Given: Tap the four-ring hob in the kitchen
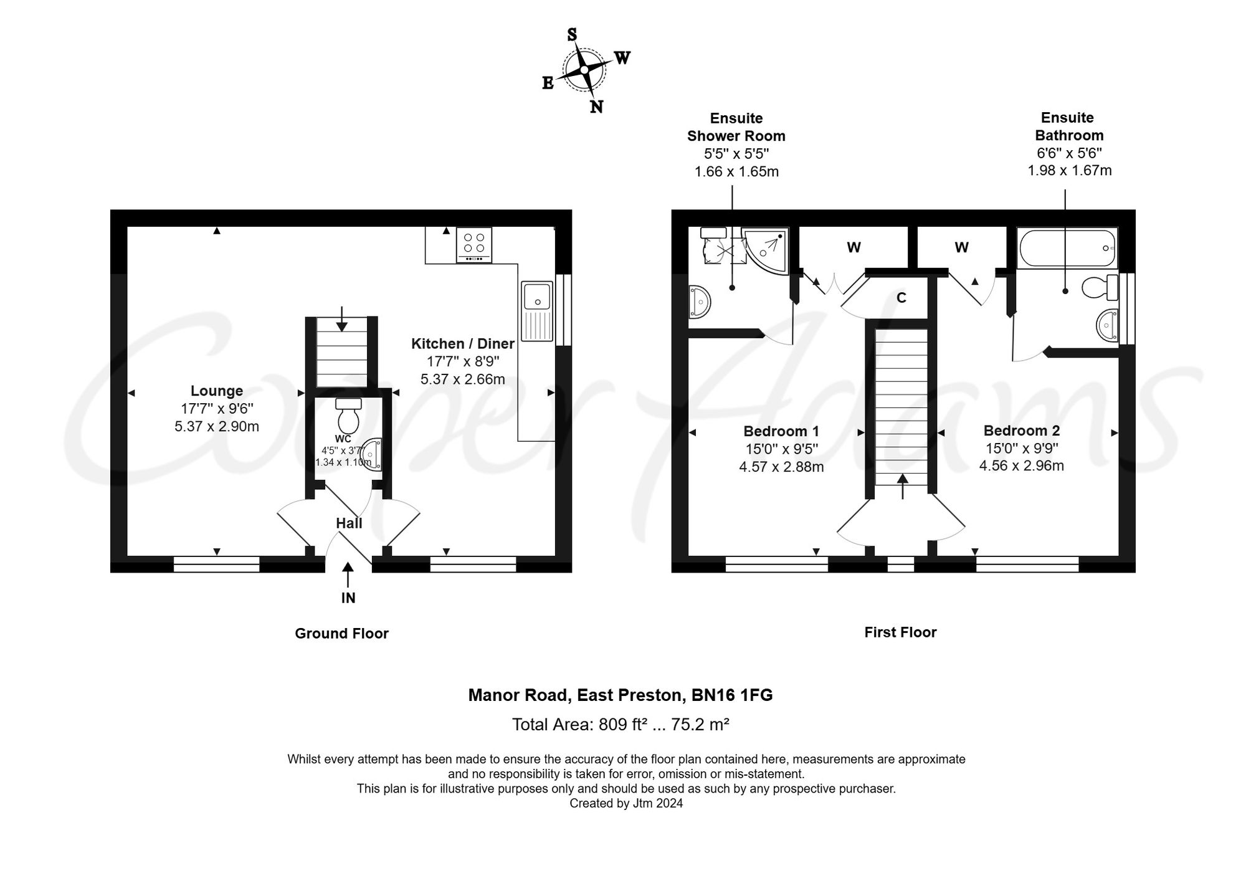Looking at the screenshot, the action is point(474,245).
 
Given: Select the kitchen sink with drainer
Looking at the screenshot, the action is point(537,311).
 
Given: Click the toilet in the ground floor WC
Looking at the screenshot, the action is point(348,416).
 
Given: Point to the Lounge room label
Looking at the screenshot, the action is point(217,391).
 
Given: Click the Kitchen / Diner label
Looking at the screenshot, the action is point(463,343).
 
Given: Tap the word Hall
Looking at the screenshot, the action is point(349,523).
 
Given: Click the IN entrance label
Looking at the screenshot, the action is point(348,598).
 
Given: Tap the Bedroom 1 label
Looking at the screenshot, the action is point(781,431).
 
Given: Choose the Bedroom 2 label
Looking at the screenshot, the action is point(1022,431).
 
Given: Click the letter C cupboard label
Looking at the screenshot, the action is point(901,298).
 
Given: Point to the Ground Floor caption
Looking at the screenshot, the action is point(341,634).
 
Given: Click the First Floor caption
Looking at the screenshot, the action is point(900,632).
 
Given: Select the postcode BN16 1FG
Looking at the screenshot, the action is point(732,695).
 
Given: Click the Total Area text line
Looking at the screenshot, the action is point(621,725).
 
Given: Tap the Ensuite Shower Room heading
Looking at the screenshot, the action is point(736,127).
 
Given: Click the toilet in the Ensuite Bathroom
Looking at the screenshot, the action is point(1100,287).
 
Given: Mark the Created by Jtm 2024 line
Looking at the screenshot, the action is point(626,804).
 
